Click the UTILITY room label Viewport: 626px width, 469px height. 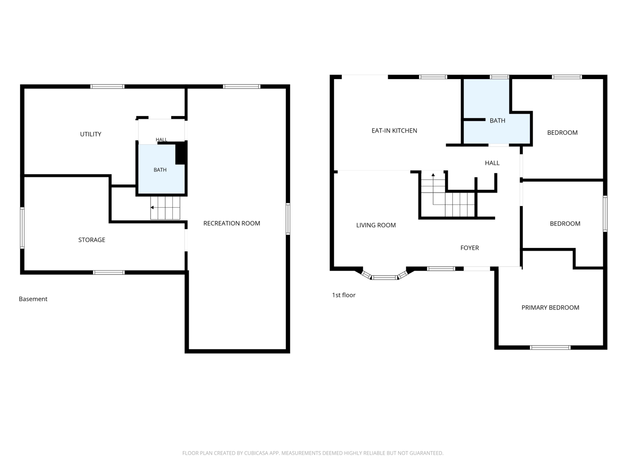click(91, 134)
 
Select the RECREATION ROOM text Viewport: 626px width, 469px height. click(231, 223)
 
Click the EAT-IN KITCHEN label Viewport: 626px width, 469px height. click(394, 131)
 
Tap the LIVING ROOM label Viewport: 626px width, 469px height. click(376, 225)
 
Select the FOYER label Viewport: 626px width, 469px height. click(469, 248)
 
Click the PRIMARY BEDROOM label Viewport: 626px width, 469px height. click(550, 308)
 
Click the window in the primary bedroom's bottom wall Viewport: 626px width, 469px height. click(550, 348)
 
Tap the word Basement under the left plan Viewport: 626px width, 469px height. click(33, 299)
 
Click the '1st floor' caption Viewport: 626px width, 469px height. click(343, 295)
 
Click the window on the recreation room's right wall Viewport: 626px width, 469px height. click(288, 219)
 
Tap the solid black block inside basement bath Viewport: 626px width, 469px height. click(181, 153)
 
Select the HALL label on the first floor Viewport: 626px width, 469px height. click(492, 163)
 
